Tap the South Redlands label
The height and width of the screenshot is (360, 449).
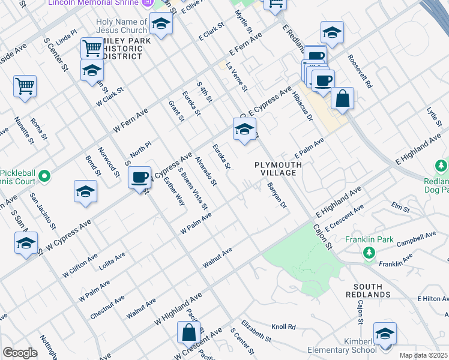(x=368, y=290)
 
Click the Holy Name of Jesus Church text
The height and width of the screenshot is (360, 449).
(x=121, y=26)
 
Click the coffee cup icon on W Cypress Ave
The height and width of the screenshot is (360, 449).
(x=139, y=177)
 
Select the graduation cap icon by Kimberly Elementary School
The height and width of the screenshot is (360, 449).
(x=384, y=334)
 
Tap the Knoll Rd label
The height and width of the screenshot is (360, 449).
(x=284, y=327)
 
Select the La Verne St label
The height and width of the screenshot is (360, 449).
(x=237, y=78)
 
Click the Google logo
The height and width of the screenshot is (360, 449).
(x=20, y=353)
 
